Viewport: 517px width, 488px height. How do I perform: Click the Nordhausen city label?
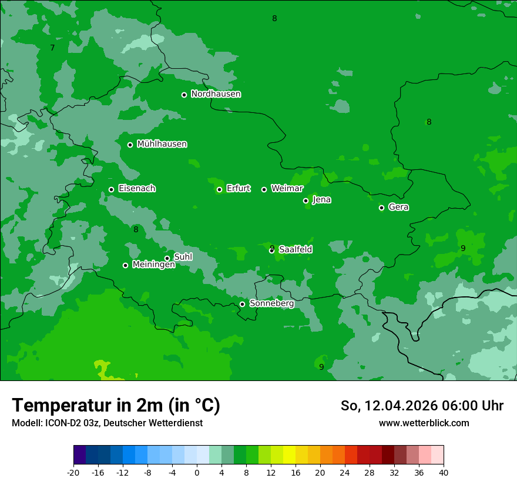click(216, 94)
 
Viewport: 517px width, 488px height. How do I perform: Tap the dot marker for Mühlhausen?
click(130, 145)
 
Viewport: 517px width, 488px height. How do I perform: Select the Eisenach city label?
click(137, 189)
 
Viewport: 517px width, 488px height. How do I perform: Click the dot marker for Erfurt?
click(219, 189)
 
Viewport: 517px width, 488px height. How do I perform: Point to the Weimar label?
click(287, 189)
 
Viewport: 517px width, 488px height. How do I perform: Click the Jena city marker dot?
click(305, 200)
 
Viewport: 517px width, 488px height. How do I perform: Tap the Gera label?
click(398, 207)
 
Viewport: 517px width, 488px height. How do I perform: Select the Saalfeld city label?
click(296, 249)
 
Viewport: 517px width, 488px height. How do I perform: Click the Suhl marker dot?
click(167, 258)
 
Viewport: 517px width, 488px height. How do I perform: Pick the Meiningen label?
click(153, 265)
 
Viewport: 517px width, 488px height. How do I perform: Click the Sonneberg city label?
click(271, 303)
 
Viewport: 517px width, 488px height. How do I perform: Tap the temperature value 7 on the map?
click(52, 48)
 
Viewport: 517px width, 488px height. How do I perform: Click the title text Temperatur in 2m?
click(116, 406)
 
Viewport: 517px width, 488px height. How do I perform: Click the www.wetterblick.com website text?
click(424, 423)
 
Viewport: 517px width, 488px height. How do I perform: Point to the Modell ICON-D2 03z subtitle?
click(107, 423)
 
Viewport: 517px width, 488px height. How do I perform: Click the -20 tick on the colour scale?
click(73, 472)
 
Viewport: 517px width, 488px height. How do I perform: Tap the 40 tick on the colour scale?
click(444, 472)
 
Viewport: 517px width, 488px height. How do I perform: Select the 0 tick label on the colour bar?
click(197, 472)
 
